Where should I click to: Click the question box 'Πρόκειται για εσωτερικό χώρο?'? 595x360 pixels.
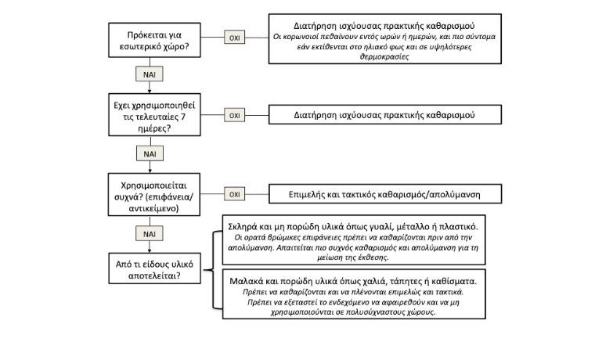150,37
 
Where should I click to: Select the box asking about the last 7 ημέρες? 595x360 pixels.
150,115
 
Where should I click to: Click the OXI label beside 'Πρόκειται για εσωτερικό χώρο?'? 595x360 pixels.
233,37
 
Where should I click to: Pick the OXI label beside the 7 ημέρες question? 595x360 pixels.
233,115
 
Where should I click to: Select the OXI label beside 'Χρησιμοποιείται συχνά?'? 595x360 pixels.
233,193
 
